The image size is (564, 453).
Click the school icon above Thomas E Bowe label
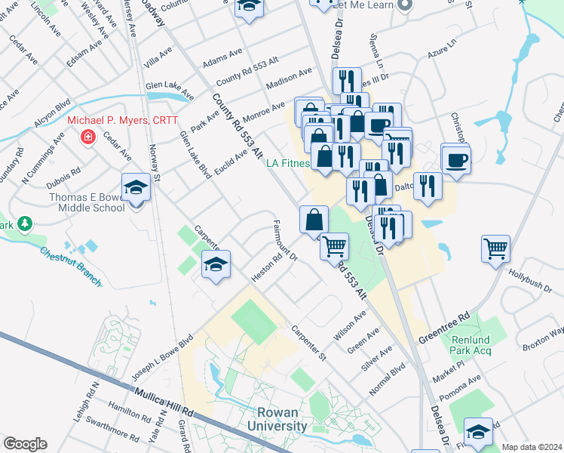136,186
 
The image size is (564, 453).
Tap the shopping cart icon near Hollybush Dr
495,248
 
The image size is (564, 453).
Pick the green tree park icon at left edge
25,224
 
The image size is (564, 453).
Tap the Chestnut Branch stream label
70,267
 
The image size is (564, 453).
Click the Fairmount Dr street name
284,241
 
